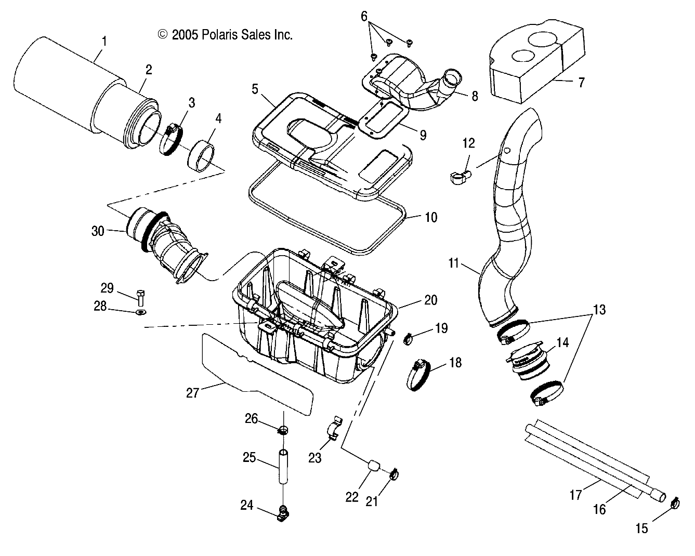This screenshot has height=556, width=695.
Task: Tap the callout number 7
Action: tap(581, 82)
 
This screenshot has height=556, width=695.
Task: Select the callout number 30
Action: tap(98, 231)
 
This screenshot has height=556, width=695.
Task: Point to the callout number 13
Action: tap(599, 310)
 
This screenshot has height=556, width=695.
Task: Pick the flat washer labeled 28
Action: tap(140, 312)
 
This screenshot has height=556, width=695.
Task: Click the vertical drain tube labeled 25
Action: tap(283, 467)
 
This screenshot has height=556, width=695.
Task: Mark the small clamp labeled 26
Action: tap(283, 430)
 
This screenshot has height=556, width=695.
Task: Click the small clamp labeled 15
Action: tap(675, 502)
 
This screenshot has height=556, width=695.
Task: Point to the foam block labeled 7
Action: tap(528, 62)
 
